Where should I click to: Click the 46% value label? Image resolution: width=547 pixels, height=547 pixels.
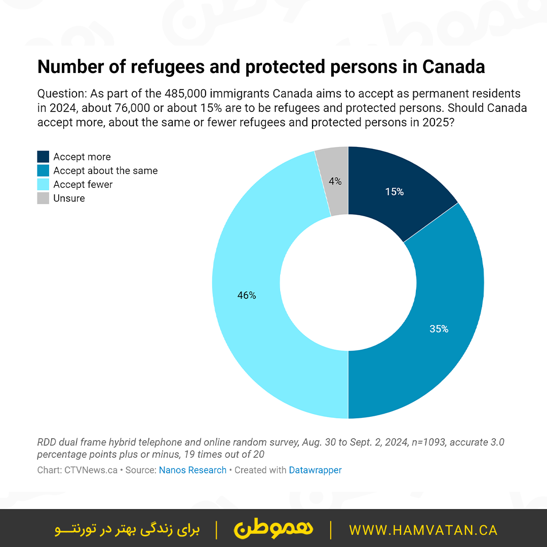coord(247,295)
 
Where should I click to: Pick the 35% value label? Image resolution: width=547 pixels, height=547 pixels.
coord(439,329)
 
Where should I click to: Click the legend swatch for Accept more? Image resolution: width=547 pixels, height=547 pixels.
coord(43,157)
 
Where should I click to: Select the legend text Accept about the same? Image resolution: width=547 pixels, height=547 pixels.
coord(105,171)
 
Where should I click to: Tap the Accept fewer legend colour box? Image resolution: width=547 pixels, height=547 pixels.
coord(43,184)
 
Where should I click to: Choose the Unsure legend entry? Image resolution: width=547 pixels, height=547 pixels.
coord(69,198)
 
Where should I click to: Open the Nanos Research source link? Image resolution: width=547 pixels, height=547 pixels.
coord(192,470)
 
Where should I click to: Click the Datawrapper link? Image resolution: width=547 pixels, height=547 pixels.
coord(315,470)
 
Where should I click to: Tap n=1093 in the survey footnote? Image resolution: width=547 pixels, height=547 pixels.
coord(431,442)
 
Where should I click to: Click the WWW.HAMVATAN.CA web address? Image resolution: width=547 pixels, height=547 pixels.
coord(423,530)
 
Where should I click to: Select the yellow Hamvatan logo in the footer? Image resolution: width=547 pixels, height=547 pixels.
coord(273,529)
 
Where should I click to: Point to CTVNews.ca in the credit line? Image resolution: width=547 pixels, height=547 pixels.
coord(91,470)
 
